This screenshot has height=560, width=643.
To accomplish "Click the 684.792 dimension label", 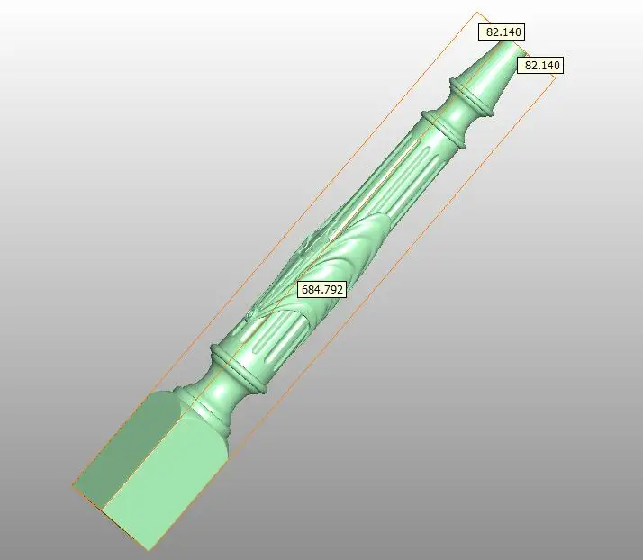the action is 321,289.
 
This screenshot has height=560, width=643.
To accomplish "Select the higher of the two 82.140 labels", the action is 502,32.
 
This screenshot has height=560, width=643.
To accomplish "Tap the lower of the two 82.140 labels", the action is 540,65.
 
